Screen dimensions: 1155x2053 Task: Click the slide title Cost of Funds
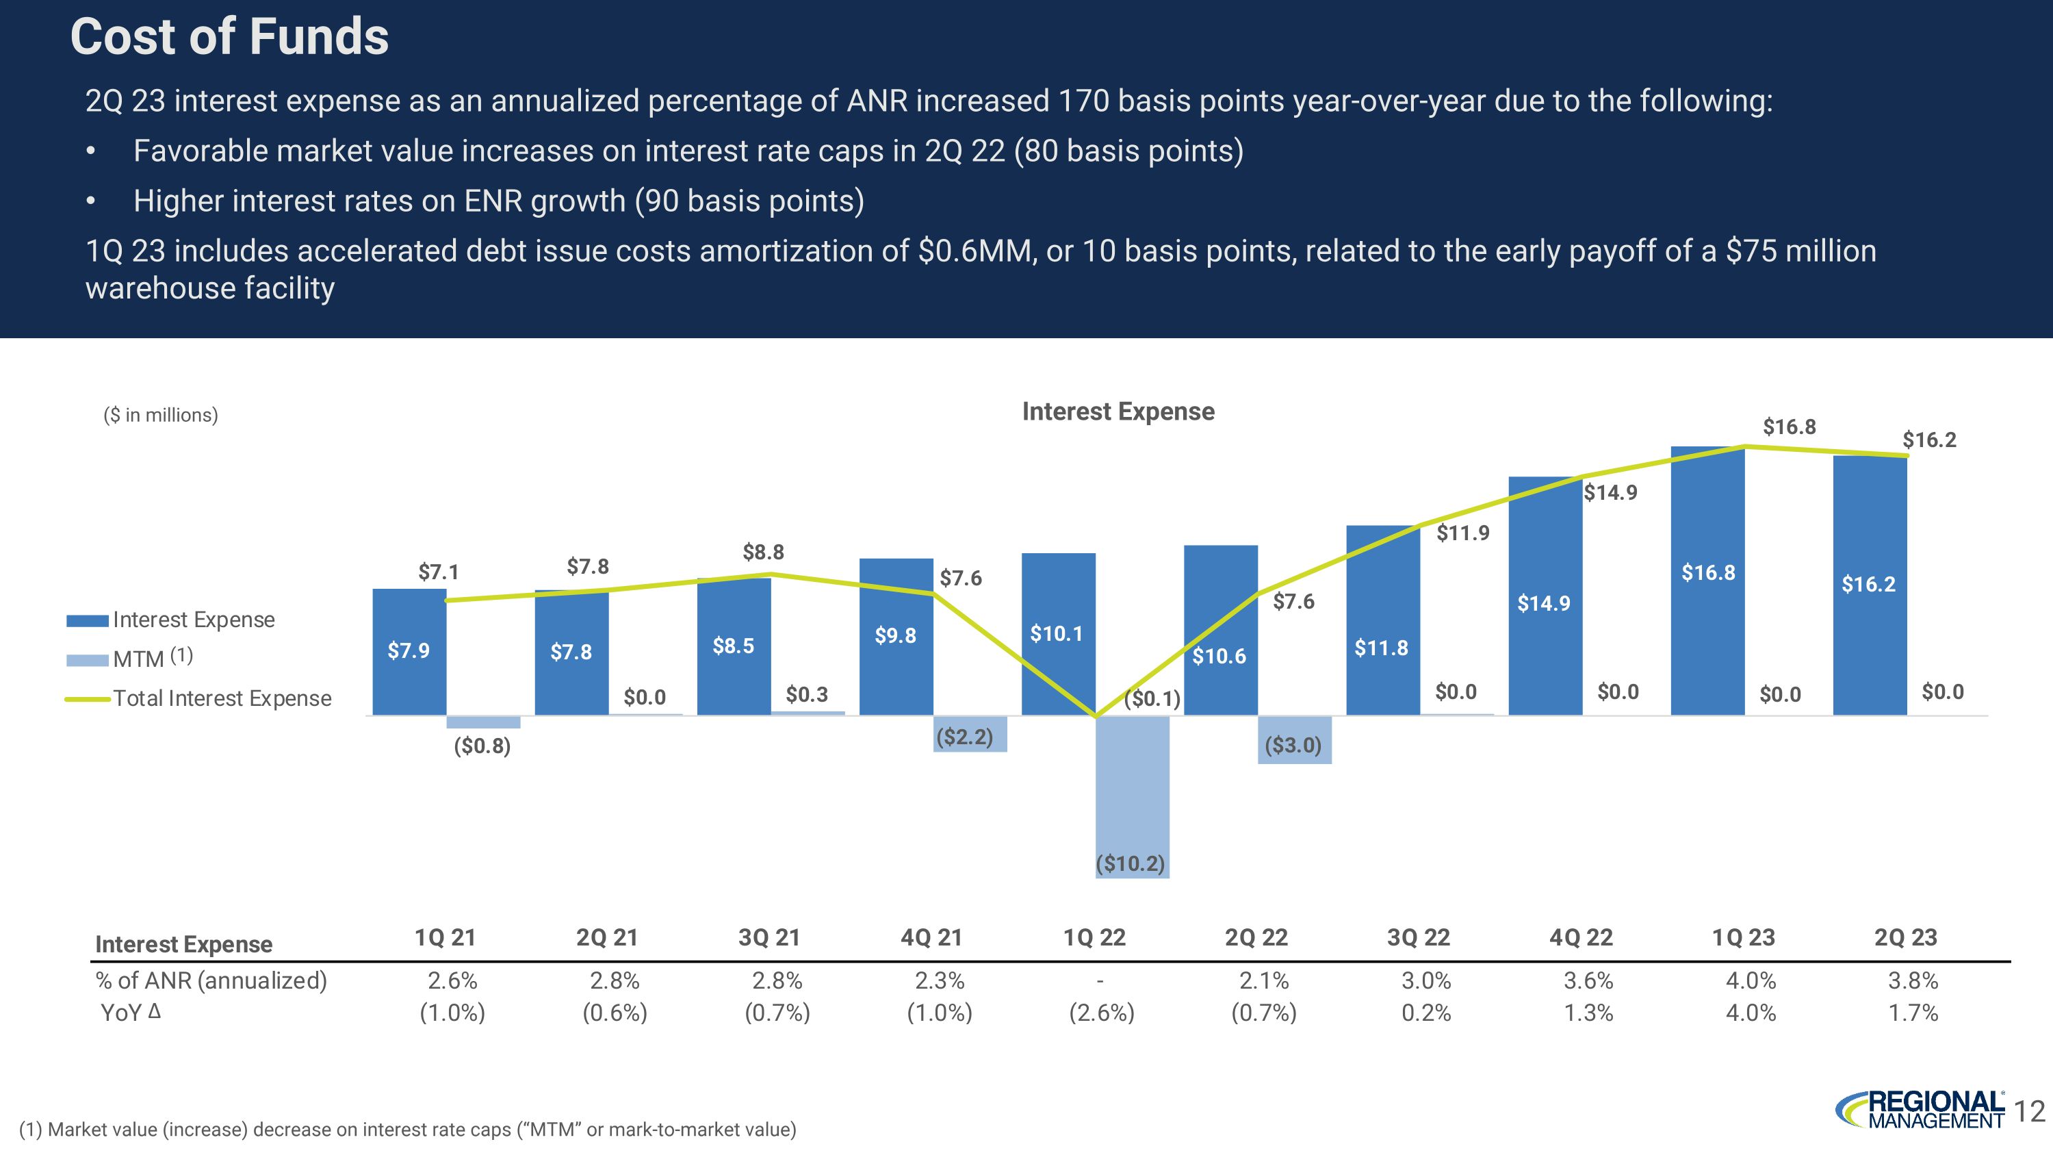tap(229, 38)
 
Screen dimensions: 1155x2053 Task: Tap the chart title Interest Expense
tap(1118, 411)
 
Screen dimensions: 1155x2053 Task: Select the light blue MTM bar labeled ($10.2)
tap(1132, 797)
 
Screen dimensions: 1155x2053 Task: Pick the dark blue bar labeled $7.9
tap(409, 651)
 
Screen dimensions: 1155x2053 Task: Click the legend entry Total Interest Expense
tap(222, 698)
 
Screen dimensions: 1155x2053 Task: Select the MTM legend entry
tap(139, 659)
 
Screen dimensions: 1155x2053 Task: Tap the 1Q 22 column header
tap(1094, 937)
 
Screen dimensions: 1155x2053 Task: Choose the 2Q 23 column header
tap(1906, 937)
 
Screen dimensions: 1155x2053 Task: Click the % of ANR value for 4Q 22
tap(1588, 980)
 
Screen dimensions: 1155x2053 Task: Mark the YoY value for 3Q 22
tap(1425, 1013)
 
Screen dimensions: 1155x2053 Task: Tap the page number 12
tap(2029, 1111)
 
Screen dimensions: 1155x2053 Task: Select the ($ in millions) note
tap(160, 416)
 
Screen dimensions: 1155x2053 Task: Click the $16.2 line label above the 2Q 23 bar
tap(1928, 440)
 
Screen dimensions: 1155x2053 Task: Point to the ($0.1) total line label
tap(1152, 699)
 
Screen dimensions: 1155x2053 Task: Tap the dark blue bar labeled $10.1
tap(1057, 634)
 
